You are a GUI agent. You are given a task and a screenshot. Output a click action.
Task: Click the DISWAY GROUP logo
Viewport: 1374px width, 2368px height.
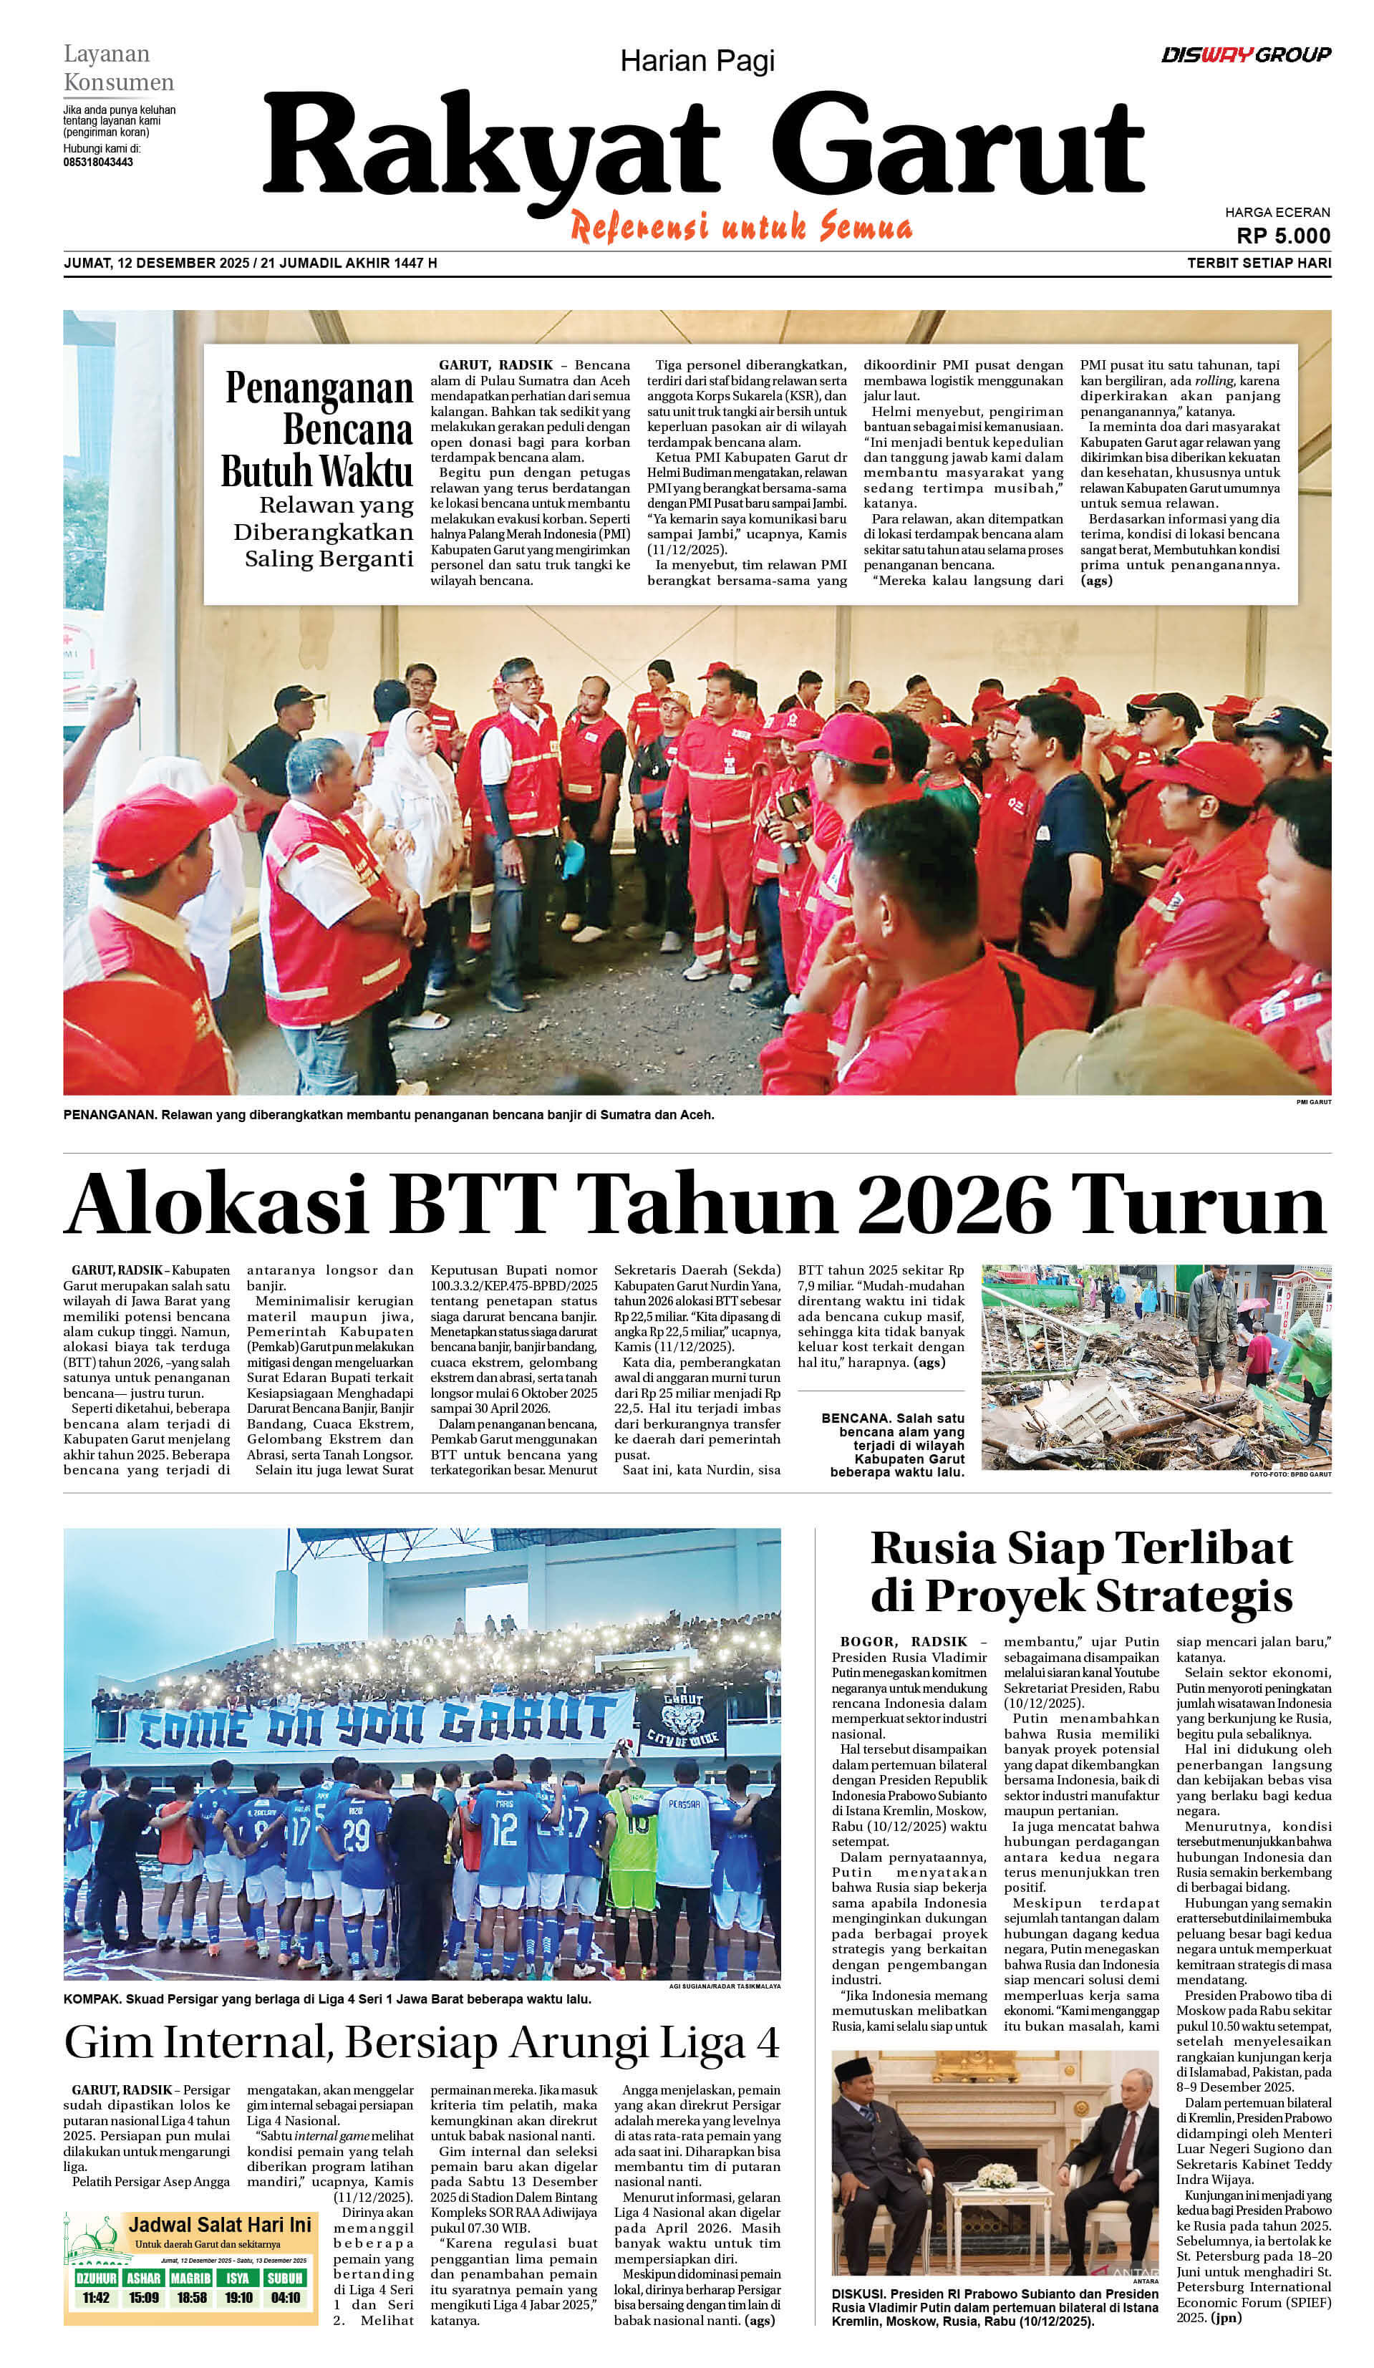tap(1245, 54)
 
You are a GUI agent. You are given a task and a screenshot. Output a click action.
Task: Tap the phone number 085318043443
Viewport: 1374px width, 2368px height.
tap(98, 163)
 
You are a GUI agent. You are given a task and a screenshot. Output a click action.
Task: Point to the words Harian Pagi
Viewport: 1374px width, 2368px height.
tap(697, 62)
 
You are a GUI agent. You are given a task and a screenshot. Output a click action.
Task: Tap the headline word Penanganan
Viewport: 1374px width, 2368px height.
tap(319, 388)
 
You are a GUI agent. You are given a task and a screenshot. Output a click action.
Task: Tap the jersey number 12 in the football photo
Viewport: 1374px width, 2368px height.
tap(504, 1827)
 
